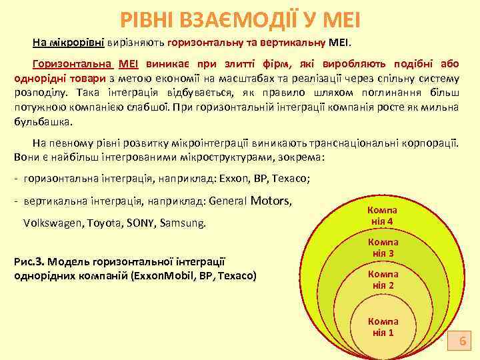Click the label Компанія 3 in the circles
click(383, 248)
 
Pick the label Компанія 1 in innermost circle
click(383, 326)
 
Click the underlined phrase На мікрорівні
click(68, 43)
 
